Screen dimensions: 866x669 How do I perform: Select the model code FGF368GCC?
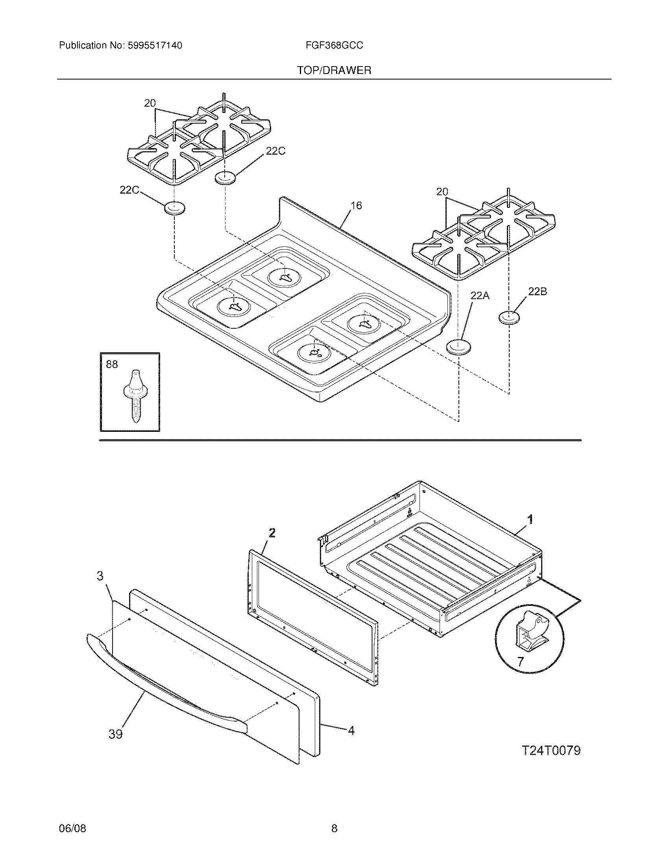tap(334, 46)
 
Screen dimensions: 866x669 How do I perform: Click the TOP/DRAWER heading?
tap(334, 70)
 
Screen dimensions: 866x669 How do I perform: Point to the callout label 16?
tap(356, 205)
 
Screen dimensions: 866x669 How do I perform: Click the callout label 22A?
tap(480, 295)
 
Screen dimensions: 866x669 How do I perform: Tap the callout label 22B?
tap(538, 291)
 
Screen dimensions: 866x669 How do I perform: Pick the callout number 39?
tap(116, 735)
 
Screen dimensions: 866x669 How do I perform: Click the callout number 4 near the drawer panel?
tap(351, 730)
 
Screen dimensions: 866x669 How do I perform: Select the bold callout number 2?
tap(272, 533)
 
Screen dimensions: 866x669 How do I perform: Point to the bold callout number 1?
tap(530, 519)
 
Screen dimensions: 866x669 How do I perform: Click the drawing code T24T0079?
tap(551, 751)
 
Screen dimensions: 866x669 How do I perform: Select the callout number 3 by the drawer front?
tap(100, 576)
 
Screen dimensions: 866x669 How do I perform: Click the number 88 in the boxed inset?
tap(112, 364)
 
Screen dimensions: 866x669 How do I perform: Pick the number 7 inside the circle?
tap(520, 661)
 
